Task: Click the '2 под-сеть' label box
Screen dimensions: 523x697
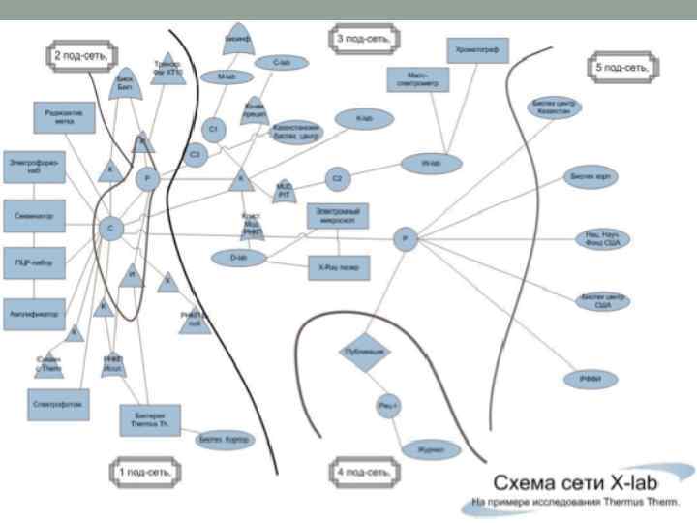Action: click(x=79, y=56)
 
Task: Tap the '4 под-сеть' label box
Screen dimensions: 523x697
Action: click(x=363, y=472)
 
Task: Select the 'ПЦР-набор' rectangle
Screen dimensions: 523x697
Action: click(x=34, y=262)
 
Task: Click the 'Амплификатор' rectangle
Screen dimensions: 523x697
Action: click(x=34, y=313)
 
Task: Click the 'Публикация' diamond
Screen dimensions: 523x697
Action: click(x=364, y=351)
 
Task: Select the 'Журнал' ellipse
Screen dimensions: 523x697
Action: click(x=431, y=450)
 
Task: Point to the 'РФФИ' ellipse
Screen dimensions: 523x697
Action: click(x=591, y=380)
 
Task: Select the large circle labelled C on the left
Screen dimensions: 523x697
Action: click(x=110, y=229)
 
